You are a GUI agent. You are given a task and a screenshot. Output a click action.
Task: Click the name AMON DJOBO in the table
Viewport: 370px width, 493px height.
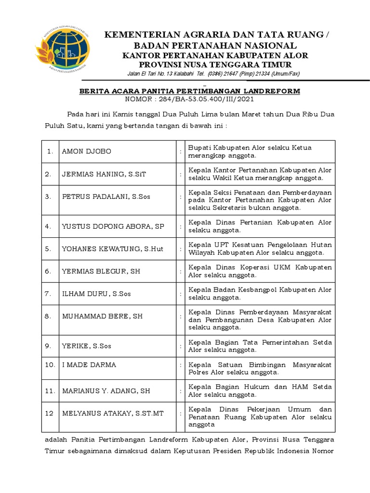(x=87, y=151)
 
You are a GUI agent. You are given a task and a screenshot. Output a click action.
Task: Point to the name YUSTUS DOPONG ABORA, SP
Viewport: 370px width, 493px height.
(x=113, y=226)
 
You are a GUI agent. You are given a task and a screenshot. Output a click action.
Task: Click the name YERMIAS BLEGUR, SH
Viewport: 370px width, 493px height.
(x=101, y=271)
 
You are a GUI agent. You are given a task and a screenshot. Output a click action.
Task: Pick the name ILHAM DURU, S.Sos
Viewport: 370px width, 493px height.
(x=96, y=293)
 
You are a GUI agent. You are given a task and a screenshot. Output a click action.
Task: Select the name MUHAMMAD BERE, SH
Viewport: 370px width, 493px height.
(x=102, y=316)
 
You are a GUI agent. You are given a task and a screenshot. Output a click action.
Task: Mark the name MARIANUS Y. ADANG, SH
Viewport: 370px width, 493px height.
(x=106, y=391)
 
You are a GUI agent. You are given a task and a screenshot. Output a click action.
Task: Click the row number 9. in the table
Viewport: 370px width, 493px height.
(x=48, y=346)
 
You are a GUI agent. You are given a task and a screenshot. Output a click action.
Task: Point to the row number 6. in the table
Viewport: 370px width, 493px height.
(x=48, y=271)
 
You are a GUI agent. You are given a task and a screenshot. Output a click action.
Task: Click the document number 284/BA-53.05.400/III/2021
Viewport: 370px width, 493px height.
(x=202, y=99)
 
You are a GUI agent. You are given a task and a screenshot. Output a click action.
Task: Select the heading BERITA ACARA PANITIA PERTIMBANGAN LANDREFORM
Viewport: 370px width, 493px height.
(x=189, y=91)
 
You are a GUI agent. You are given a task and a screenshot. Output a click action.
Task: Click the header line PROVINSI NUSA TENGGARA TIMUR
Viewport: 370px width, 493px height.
(x=215, y=65)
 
